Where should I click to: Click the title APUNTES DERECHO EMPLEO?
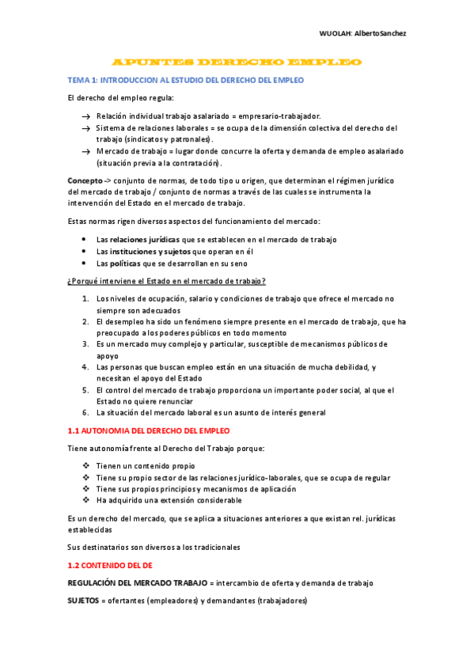coord(237,62)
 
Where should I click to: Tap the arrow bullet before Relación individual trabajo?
coord(85,116)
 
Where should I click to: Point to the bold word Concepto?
coord(85,180)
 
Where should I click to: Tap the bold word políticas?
coord(126,263)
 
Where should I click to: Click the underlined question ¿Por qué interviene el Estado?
coord(167,281)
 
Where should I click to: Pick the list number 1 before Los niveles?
coord(85,298)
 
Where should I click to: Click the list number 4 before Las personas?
coord(85,367)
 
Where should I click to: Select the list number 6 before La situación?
coord(85,412)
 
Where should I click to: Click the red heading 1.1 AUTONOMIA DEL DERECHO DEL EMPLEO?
coord(149,430)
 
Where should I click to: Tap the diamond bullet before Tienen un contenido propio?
coord(85,466)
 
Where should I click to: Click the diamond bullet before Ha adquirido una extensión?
coord(85,500)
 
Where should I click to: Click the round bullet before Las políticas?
coord(85,263)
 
